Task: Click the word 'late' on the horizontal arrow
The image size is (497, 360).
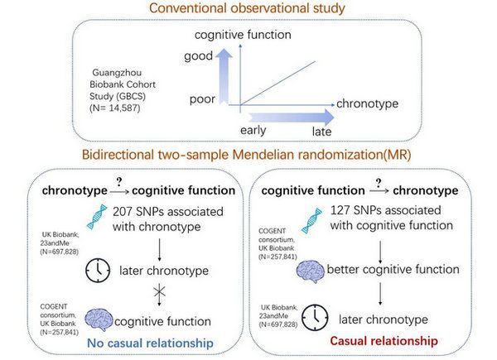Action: (323, 132)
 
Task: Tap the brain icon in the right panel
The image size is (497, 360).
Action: (309, 269)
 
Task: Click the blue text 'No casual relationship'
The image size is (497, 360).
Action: (148, 341)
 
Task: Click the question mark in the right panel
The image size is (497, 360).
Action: (379, 180)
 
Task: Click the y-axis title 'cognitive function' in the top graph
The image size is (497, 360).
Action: (243, 36)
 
